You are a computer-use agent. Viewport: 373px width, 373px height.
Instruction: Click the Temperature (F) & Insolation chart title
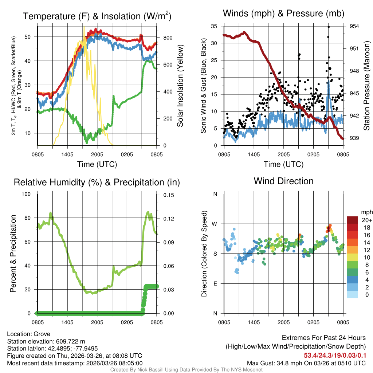(97, 16)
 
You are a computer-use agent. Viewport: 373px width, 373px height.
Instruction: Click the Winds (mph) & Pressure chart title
(284, 13)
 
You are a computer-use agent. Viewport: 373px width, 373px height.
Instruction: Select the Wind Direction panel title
(283, 181)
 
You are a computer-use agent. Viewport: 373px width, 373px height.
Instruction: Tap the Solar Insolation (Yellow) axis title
(180, 86)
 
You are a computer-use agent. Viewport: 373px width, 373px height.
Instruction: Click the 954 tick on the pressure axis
(354, 26)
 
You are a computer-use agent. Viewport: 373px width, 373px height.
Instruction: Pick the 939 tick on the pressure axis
(354, 138)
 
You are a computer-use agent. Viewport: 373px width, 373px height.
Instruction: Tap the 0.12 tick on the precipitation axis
(168, 219)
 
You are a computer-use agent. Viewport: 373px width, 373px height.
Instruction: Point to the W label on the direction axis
(215, 224)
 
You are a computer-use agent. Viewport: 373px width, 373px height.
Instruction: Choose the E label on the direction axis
(215, 283)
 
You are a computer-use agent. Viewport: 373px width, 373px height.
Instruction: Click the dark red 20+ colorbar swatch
(352, 220)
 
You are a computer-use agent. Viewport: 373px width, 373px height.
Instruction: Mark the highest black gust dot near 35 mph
(328, 27)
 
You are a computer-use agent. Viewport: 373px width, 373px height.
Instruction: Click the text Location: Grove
(28, 334)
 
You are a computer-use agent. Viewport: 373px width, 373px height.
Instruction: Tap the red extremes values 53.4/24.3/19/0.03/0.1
(334, 355)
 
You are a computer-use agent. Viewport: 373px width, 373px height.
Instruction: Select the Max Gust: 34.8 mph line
(306, 363)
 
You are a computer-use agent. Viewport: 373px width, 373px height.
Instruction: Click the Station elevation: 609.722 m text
(46, 341)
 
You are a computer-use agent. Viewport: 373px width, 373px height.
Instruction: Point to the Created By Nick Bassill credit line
(186, 370)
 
